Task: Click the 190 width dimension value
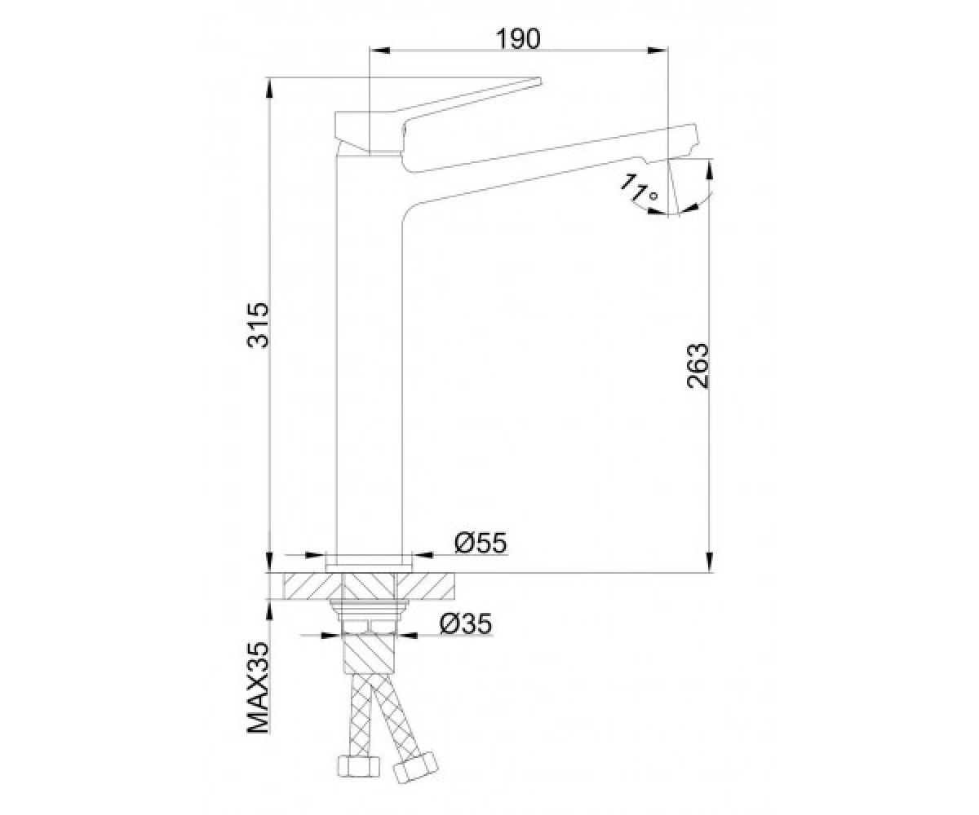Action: pyautogui.click(x=517, y=39)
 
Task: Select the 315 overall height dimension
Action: pyautogui.click(x=259, y=325)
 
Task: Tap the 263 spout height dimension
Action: pyautogui.click(x=698, y=366)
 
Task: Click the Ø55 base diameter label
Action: pyautogui.click(x=481, y=544)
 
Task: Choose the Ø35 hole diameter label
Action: pyautogui.click(x=466, y=623)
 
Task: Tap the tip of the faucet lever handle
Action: pyautogui.click(x=539, y=81)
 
